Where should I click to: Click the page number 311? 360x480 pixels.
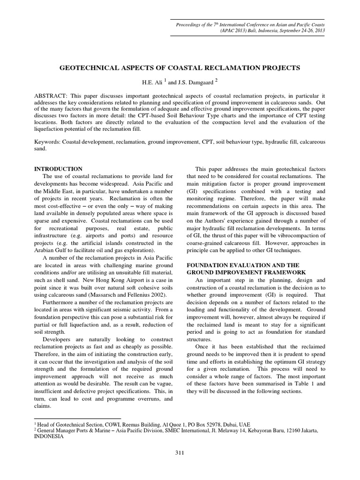(180, 452)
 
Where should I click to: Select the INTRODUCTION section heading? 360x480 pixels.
(59, 169)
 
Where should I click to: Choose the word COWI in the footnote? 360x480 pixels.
(110, 423)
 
